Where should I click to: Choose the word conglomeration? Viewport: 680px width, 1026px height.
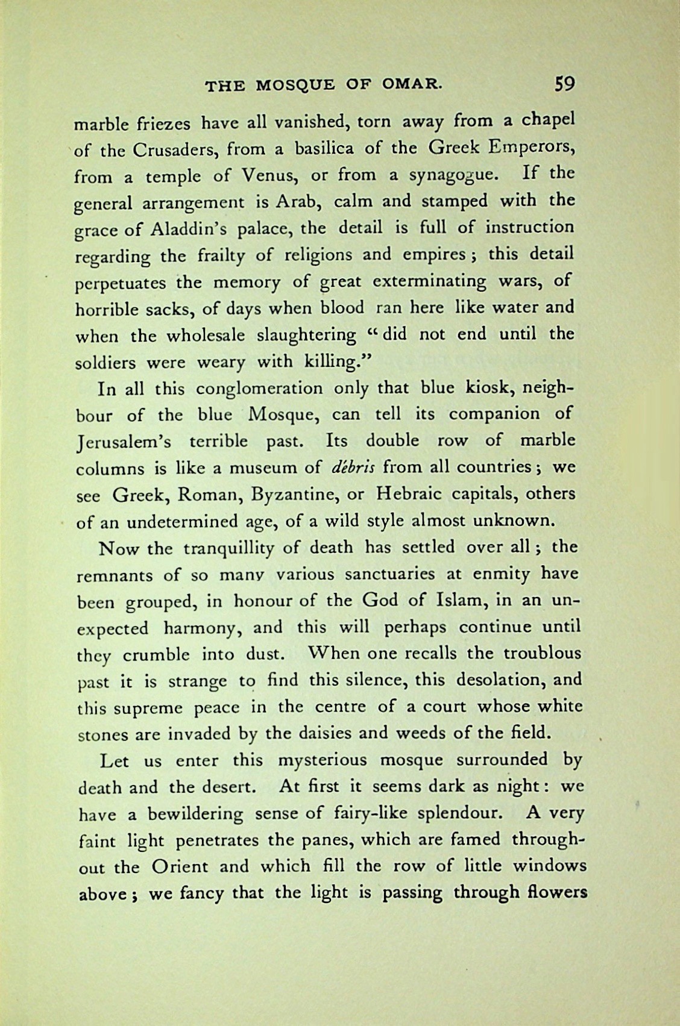(260, 388)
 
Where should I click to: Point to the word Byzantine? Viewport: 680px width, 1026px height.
(291, 494)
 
